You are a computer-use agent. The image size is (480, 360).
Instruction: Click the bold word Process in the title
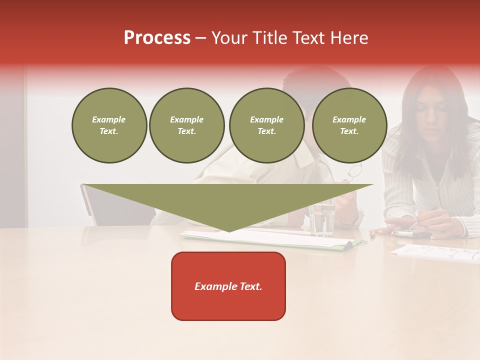(x=157, y=38)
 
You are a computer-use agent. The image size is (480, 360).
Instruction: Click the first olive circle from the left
(x=109, y=125)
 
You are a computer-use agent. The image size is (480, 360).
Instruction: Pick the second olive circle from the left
(x=187, y=125)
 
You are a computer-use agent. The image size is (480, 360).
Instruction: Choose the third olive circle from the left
(x=266, y=125)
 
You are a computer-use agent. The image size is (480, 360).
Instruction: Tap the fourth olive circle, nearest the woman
(x=349, y=125)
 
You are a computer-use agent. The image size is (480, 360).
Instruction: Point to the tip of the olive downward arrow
(x=229, y=230)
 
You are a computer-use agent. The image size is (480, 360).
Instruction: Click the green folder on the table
(x=350, y=244)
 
